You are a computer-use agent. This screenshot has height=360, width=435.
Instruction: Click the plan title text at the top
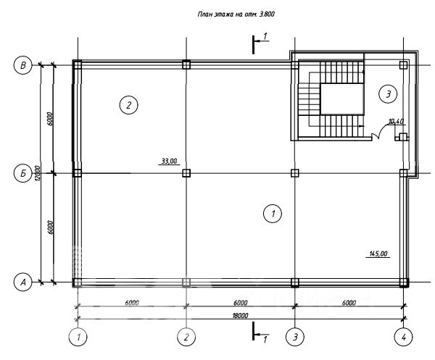tap(236, 14)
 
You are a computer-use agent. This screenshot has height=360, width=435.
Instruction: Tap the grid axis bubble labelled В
tap(23, 65)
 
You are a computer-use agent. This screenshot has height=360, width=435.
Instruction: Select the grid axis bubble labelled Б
tap(23, 174)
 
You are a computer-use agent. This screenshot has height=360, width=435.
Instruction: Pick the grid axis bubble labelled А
tap(23, 282)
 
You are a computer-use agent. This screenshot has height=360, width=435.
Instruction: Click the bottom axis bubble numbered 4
tap(404, 337)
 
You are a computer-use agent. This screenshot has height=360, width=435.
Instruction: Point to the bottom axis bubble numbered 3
tap(295, 337)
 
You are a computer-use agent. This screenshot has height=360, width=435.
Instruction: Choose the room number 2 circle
tap(129, 105)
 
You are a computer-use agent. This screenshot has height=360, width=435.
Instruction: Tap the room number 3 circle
tap(388, 94)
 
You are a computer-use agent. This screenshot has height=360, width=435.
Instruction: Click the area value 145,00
tap(378, 254)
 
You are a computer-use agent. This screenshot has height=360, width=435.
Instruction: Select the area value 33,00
tap(169, 161)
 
